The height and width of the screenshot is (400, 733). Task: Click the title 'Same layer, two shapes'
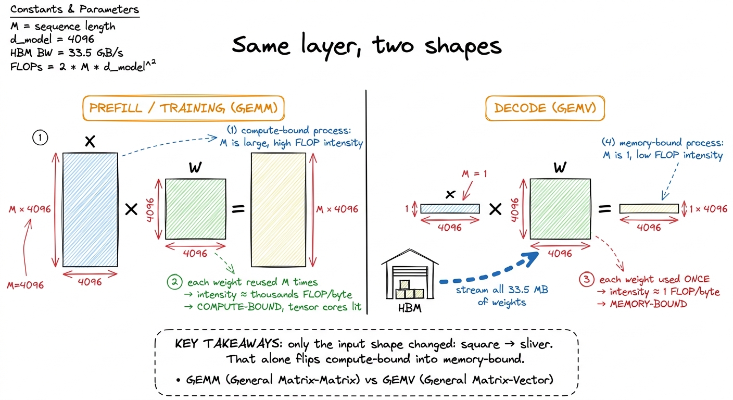(366, 46)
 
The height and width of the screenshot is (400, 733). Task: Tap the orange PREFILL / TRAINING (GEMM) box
(183, 108)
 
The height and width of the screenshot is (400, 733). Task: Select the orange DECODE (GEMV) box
(545, 108)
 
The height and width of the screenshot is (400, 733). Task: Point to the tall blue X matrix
(90, 209)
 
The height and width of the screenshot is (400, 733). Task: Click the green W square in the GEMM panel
(195, 209)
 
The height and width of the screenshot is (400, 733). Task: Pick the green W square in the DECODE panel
(560, 209)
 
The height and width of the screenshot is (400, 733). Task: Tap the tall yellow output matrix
(279, 209)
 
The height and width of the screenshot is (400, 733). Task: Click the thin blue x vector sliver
(450, 208)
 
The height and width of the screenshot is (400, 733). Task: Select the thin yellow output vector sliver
(649, 208)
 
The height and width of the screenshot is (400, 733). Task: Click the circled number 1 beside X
(40, 138)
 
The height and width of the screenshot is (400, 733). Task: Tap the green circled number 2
(175, 282)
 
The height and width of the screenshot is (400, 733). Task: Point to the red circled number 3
(586, 279)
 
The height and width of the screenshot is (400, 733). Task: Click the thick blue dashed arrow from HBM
(491, 274)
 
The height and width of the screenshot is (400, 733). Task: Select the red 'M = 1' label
(474, 173)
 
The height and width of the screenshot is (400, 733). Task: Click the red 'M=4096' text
(25, 285)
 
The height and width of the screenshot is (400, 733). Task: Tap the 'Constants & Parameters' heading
(74, 9)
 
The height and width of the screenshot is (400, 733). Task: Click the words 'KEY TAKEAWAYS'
(228, 344)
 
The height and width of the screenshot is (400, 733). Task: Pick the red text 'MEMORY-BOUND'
(648, 304)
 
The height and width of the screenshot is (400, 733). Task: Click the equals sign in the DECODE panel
(605, 209)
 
